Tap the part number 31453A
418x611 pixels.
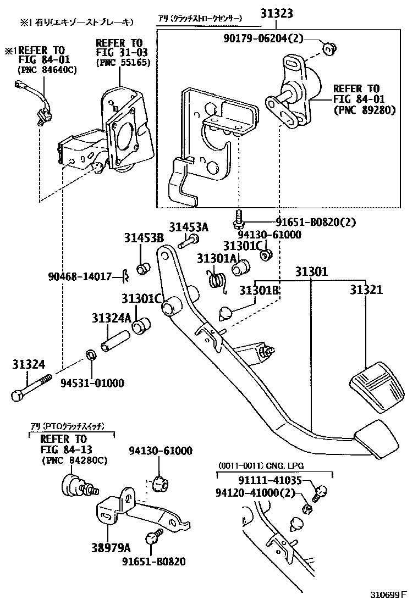coord(189,227)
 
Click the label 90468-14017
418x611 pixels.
coord(80,276)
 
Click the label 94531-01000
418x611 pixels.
coord(92,382)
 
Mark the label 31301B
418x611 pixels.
coord(260,290)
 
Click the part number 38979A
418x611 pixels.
coord(112,547)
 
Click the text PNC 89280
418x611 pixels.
coord(364,110)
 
